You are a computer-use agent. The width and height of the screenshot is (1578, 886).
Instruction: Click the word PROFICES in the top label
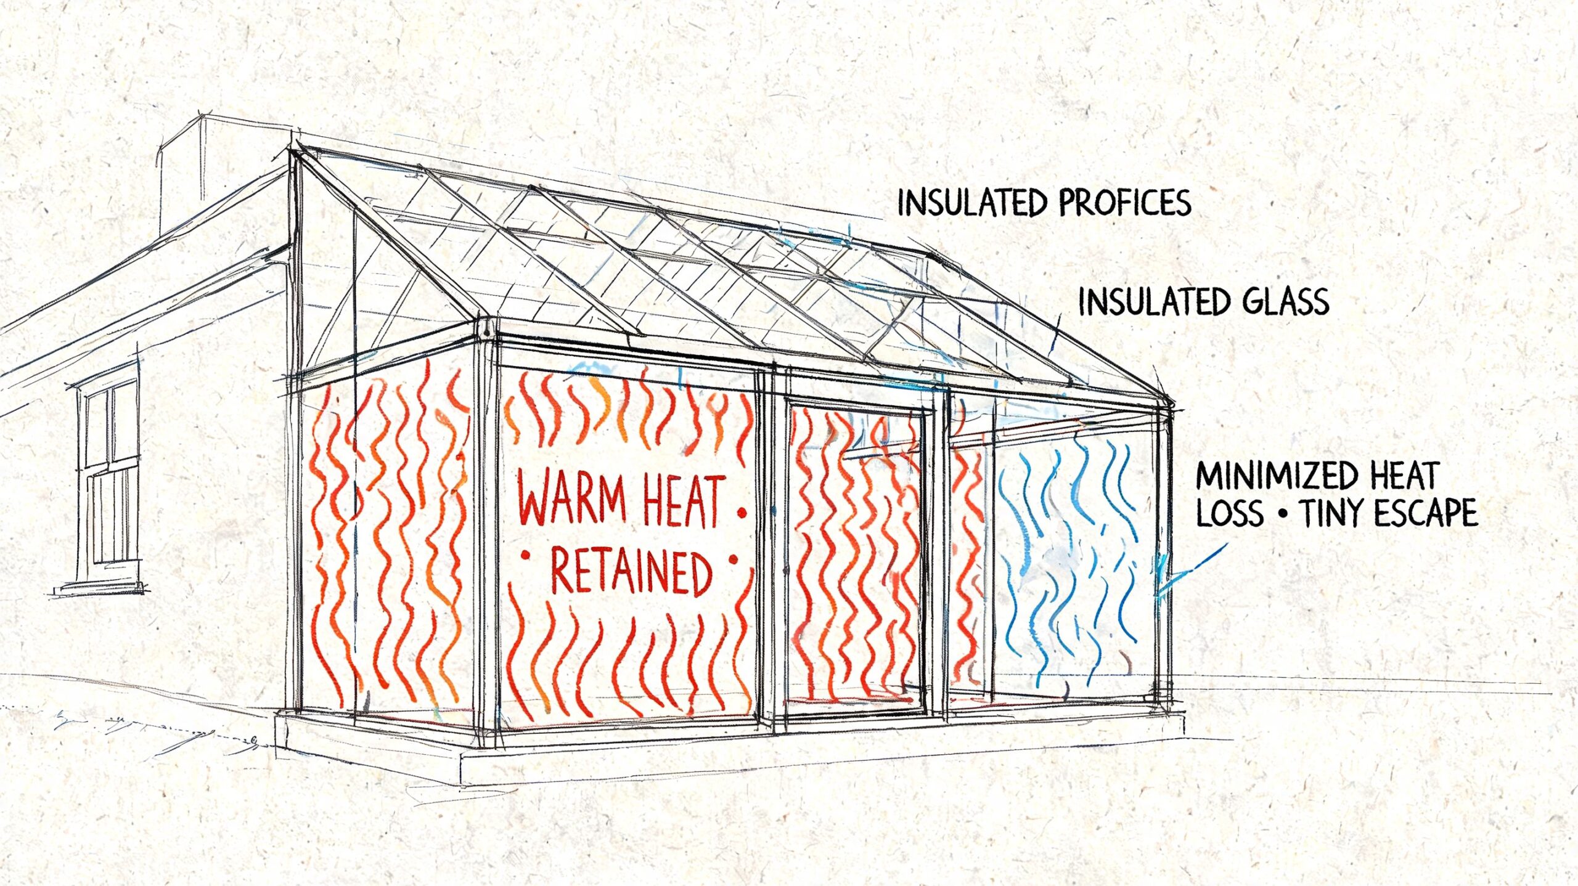pyautogui.click(x=1125, y=203)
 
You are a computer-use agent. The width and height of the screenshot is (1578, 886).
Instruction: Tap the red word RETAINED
pyautogui.click(x=630, y=574)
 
